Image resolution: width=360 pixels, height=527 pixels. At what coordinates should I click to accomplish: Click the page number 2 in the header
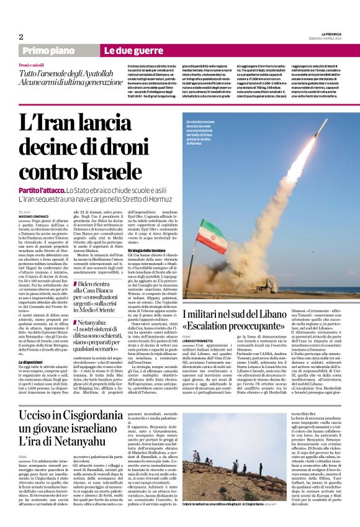point(20,37)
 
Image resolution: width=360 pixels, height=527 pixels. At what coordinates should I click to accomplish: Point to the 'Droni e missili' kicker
point(32,65)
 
